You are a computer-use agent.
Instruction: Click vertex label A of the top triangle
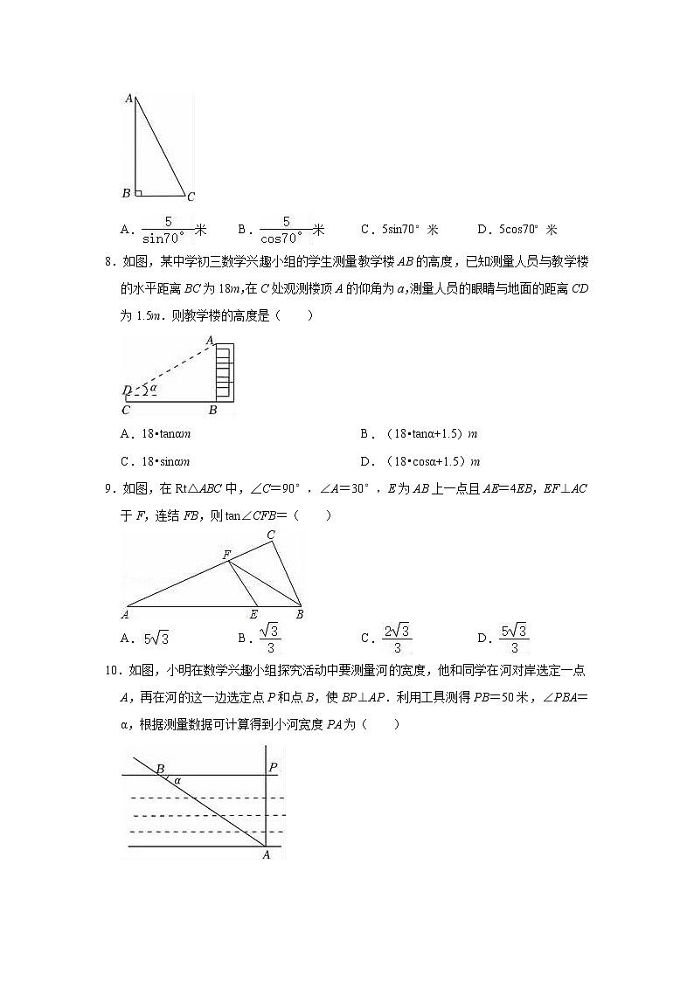128,99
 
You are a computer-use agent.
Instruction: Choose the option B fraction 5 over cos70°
281,230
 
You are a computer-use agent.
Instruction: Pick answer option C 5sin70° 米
399,230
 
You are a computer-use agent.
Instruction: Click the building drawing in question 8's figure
225,372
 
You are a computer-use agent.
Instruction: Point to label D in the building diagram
127,390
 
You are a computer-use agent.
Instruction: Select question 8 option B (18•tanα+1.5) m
420,434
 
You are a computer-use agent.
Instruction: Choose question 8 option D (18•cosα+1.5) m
420,462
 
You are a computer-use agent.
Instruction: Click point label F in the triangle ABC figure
226,555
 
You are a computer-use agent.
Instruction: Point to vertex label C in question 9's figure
271,535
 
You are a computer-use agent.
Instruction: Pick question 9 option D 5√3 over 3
513,639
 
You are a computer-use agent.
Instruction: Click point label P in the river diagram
273,768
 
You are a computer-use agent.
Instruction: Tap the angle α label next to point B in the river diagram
177,780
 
